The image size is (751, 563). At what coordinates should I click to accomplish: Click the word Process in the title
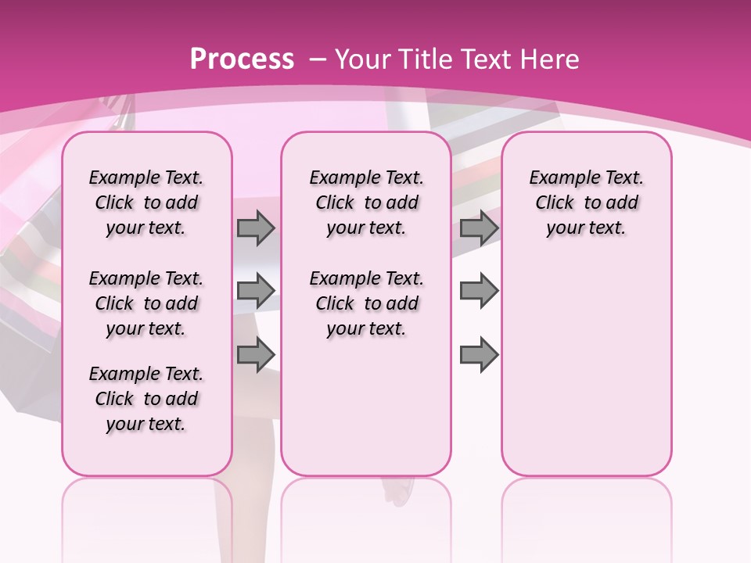pyautogui.click(x=242, y=59)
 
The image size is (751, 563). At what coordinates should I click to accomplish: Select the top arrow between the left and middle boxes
pyautogui.click(x=256, y=228)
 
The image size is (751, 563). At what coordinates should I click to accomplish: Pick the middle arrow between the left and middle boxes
pyautogui.click(x=256, y=291)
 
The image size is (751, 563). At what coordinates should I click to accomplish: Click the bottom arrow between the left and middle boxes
pyautogui.click(x=256, y=354)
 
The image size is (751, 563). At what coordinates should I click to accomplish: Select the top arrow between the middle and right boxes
pyautogui.click(x=479, y=228)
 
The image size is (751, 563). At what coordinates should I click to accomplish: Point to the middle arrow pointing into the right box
pyautogui.click(x=479, y=291)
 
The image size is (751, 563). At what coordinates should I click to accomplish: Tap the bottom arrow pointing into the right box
pyautogui.click(x=479, y=354)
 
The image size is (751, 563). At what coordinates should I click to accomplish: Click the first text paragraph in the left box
pyautogui.click(x=146, y=203)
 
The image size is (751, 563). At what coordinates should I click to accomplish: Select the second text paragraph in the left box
pyautogui.click(x=146, y=303)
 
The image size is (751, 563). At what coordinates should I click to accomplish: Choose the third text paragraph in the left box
pyautogui.click(x=146, y=399)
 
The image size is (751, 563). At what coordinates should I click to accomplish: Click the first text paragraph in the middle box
pyautogui.click(x=366, y=203)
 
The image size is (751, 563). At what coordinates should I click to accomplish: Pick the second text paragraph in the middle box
pyautogui.click(x=366, y=303)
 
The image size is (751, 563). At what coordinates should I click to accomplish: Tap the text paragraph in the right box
pyautogui.click(x=586, y=203)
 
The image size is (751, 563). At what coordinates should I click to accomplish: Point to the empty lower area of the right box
pyautogui.click(x=586, y=368)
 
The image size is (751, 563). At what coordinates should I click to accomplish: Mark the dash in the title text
pyautogui.click(x=318, y=59)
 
